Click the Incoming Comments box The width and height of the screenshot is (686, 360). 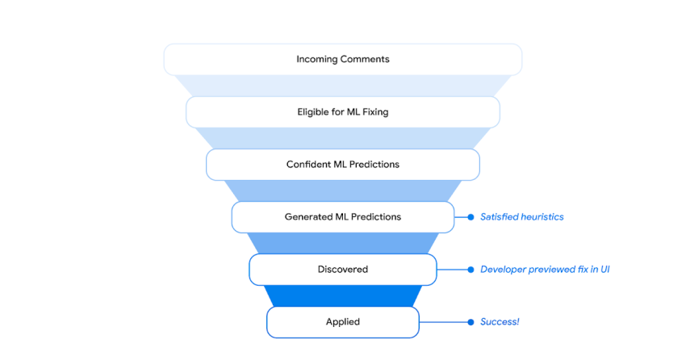point(342,60)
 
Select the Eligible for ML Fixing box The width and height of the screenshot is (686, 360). point(342,112)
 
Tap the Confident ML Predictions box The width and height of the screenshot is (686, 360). point(342,165)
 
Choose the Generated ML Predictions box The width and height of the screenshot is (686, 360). point(342,217)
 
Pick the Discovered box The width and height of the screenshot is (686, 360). point(342,270)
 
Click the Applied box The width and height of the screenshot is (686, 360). point(342,322)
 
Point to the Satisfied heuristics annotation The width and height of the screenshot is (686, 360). point(522,217)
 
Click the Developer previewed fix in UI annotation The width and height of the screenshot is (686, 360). point(545,270)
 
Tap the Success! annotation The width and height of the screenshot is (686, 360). point(500,322)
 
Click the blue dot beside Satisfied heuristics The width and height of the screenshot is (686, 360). point(471,217)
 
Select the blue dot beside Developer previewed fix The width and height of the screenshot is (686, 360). point(471,270)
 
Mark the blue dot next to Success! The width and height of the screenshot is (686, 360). point(471,322)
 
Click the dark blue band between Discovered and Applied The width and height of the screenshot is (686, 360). point(342,295)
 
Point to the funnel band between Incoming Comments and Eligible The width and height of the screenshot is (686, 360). point(342,86)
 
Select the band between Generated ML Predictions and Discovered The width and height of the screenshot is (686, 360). point(342,243)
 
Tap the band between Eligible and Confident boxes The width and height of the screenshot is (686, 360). point(342,138)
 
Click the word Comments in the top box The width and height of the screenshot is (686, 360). point(365,59)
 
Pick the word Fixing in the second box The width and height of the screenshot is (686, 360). point(375,112)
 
